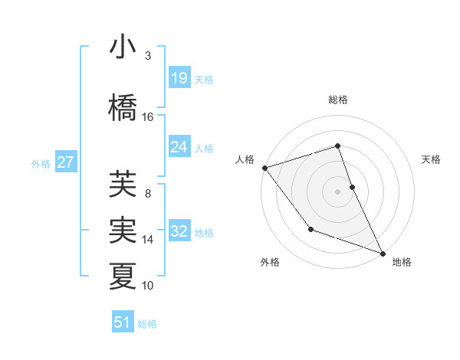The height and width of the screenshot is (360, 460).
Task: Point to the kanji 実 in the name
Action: tap(123, 230)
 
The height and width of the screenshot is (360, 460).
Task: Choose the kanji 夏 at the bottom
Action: tap(123, 276)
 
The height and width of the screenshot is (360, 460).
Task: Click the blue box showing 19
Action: tap(179, 78)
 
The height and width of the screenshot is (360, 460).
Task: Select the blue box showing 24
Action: tap(179, 147)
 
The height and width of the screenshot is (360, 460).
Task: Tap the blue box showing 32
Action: tap(179, 232)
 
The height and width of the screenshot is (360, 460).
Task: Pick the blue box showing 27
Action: tap(65, 162)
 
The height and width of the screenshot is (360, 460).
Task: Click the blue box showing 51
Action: tap(123, 322)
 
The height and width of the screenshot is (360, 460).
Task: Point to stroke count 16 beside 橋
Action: tap(148, 116)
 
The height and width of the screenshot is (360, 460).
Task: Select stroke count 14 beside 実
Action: tap(148, 240)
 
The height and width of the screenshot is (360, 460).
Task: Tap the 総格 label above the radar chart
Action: tap(338, 100)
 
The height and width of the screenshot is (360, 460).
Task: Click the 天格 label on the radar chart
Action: tap(432, 159)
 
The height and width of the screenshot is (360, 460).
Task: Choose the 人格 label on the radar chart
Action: tap(245, 159)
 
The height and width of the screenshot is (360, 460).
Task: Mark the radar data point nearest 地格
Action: tap(383, 253)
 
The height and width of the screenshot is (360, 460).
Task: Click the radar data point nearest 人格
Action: tap(264, 167)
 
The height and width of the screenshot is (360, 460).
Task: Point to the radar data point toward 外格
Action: tap(310, 229)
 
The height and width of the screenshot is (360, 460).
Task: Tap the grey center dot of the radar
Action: tap(338, 191)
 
